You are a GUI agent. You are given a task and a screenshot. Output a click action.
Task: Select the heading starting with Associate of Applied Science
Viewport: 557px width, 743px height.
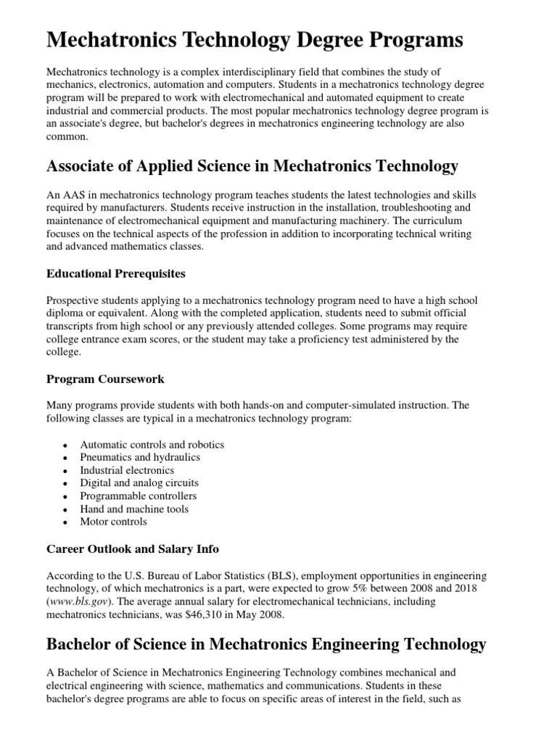252,166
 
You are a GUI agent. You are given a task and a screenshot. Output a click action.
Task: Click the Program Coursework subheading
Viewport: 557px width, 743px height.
105,379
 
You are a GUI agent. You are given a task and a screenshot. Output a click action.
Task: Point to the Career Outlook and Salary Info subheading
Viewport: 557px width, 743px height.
132,549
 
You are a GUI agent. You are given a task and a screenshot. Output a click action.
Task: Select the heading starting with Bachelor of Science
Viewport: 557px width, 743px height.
266,644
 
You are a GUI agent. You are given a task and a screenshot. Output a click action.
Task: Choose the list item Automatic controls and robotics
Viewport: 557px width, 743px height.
152,444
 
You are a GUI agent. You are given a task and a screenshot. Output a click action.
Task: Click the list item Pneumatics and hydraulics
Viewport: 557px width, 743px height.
140,457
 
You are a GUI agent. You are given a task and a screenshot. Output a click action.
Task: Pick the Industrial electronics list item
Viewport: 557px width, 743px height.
127,470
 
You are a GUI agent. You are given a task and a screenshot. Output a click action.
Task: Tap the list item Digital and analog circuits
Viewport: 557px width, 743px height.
139,483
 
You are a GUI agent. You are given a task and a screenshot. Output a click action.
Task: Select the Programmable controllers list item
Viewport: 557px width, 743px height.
138,496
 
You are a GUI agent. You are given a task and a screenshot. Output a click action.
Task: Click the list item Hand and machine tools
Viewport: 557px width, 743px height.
134,509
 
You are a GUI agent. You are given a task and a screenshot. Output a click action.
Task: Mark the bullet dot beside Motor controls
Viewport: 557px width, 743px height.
65,522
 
